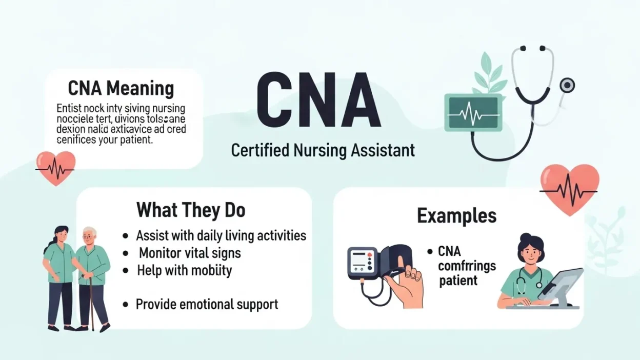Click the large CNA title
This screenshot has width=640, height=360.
(318, 101)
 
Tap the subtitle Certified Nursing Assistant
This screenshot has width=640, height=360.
(323, 150)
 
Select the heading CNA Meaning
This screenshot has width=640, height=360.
(121, 88)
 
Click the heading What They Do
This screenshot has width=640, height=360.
(190, 210)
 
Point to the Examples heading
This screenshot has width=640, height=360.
(456, 215)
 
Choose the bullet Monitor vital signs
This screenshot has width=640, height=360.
(190, 253)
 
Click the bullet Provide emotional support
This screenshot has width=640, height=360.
(207, 304)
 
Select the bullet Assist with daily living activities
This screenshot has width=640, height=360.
(221, 235)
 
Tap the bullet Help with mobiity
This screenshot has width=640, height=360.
(184, 270)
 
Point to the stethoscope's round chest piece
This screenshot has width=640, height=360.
(567, 85)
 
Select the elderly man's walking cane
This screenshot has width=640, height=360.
(91, 303)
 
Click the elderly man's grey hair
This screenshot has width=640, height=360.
(90, 232)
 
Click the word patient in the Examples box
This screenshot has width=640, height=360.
(458, 281)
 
